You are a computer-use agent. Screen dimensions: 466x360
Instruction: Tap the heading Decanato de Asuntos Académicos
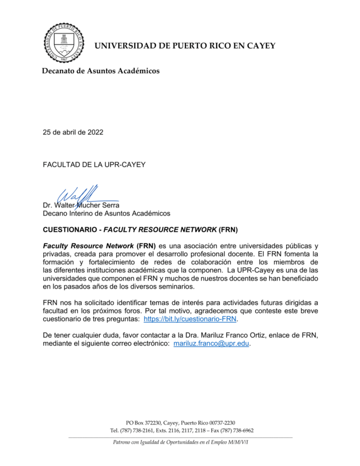(101, 71)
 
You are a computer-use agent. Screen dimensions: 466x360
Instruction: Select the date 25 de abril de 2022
(73, 132)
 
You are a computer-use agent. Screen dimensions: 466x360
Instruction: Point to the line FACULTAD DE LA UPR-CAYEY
(94, 164)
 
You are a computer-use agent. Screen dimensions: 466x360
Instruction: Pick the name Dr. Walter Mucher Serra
(81, 205)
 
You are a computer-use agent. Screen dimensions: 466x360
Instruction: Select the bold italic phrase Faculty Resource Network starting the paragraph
(89, 246)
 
